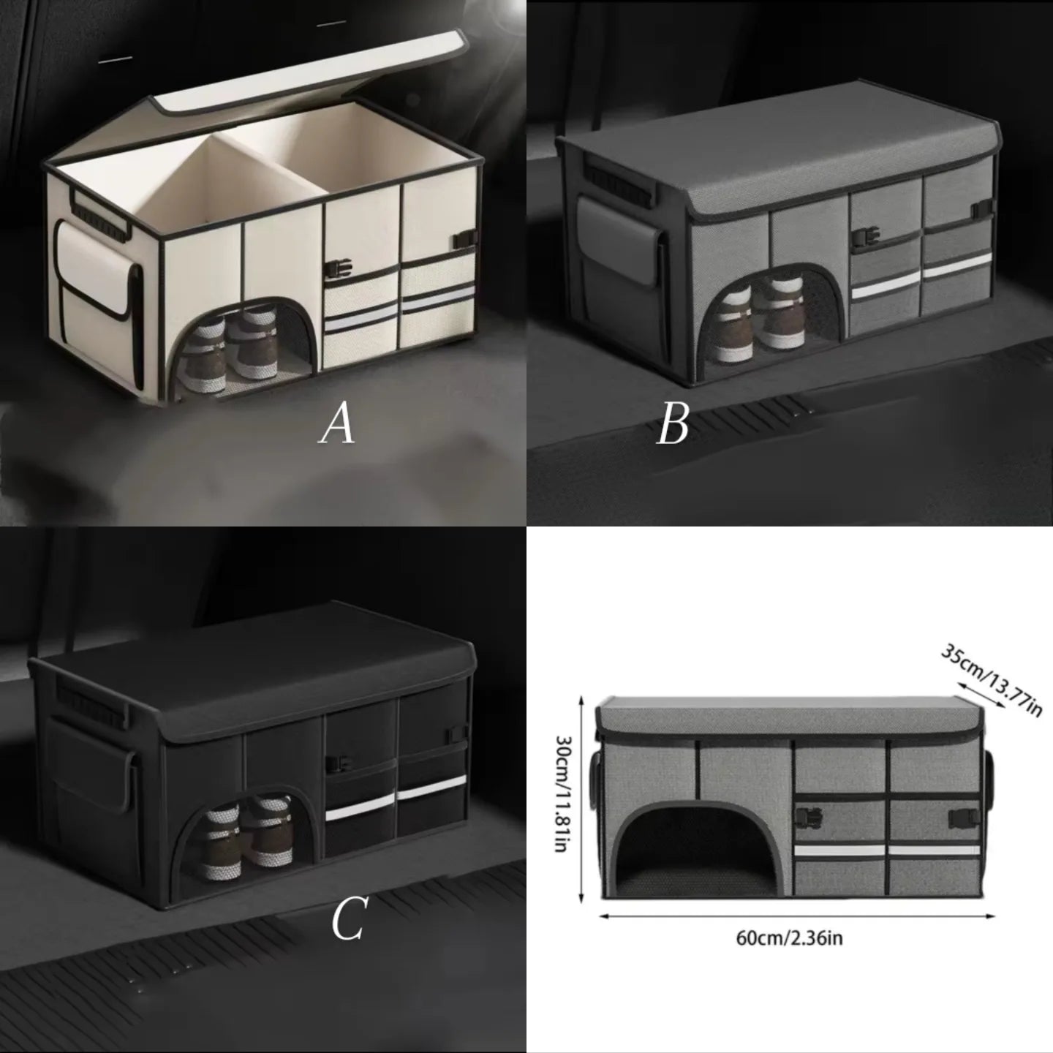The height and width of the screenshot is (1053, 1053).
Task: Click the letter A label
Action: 337,425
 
